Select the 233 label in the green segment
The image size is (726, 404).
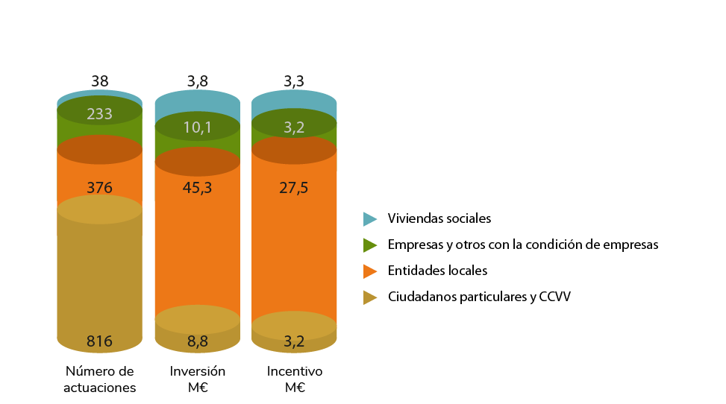pyautogui.click(x=99, y=114)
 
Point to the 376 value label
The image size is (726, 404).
pyautogui.click(x=99, y=188)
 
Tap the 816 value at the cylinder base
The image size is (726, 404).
pyautogui.click(x=99, y=341)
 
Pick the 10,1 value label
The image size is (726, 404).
pyautogui.click(x=197, y=127)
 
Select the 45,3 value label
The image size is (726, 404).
pyautogui.click(x=197, y=188)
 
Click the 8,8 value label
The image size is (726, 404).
pyautogui.click(x=197, y=341)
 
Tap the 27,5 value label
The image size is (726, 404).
pyautogui.click(x=294, y=188)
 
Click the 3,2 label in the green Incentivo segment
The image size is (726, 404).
pyautogui.click(x=294, y=127)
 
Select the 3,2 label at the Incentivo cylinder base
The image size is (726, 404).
pyautogui.click(x=294, y=341)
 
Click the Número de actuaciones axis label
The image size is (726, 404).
pyautogui.click(x=99, y=379)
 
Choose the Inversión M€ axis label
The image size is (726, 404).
pyautogui.click(x=197, y=379)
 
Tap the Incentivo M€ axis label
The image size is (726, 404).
pyautogui.click(x=294, y=379)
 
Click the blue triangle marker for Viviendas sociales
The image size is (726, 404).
pyautogui.click(x=369, y=219)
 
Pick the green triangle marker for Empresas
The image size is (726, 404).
pyautogui.click(x=369, y=245)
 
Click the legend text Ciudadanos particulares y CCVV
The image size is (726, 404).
pyautogui.click(x=479, y=297)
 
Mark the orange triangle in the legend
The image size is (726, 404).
pyautogui.click(x=369, y=271)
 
